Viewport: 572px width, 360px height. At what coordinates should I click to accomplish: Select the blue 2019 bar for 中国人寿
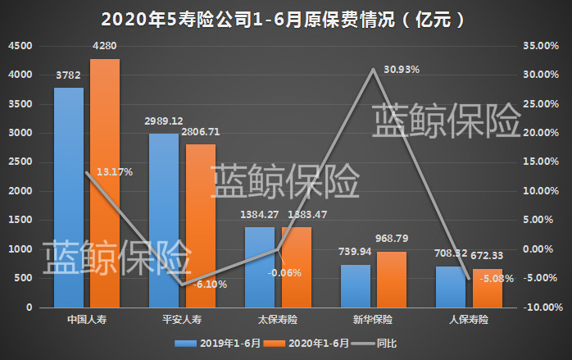pyautogui.click(x=69, y=197)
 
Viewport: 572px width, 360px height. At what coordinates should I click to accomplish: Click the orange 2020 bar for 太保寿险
pyautogui.click(x=297, y=267)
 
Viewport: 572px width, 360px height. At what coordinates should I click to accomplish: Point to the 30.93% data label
pyautogui.click(x=401, y=70)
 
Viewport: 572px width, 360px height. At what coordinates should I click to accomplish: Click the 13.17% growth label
pyautogui.click(x=114, y=171)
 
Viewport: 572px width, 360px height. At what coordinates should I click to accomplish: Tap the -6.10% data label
pyautogui.click(x=208, y=285)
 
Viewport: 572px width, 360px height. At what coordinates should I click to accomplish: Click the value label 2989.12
pyautogui.click(x=165, y=120)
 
